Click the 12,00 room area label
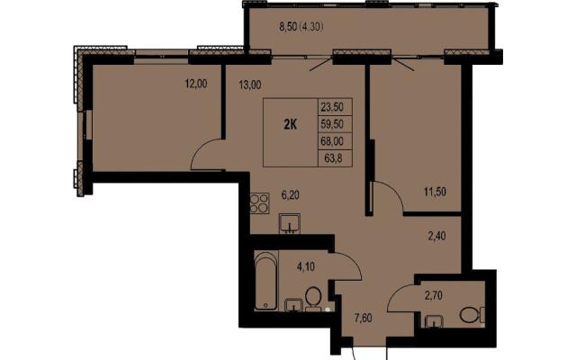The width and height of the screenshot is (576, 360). [x=196, y=84]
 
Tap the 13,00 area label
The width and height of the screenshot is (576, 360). [x=250, y=85]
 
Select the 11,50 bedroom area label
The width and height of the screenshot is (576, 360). [x=435, y=192]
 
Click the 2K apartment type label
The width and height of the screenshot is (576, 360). [x=290, y=125]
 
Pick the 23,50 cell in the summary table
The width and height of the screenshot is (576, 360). [x=332, y=107]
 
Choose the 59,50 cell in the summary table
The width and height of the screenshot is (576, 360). [x=332, y=124]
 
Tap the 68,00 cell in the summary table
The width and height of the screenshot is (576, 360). [x=332, y=141]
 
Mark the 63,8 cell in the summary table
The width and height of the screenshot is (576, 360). [x=334, y=158]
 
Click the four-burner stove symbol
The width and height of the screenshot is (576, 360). [x=259, y=203]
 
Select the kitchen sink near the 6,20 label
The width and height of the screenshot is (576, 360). [x=290, y=223]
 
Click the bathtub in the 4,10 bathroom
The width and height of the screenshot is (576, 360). [x=265, y=281]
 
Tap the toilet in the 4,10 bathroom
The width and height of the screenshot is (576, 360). [x=313, y=298]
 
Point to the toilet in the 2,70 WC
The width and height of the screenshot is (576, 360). [x=472, y=315]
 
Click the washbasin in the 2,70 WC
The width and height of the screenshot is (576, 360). [x=434, y=321]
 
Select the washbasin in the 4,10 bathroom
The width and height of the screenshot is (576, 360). [x=294, y=305]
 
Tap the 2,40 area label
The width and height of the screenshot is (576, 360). [x=436, y=236]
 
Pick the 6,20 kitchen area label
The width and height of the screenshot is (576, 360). [x=290, y=195]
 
